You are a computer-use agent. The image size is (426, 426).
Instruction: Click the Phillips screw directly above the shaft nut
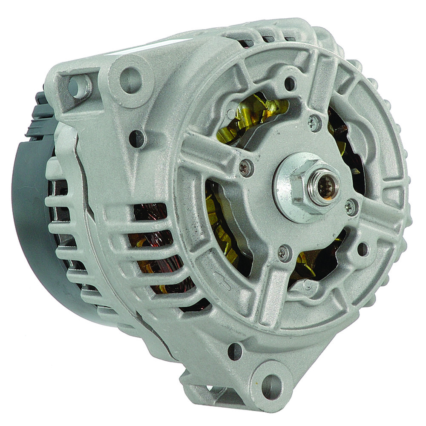(x=314, y=124)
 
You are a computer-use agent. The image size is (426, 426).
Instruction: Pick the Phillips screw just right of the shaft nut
(x=351, y=207)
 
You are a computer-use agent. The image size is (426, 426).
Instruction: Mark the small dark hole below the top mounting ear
(x=136, y=138)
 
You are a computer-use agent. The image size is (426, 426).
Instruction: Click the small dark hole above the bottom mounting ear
(x=235, y=351)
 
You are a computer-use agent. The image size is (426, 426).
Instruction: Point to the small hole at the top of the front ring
(x=290, y=83)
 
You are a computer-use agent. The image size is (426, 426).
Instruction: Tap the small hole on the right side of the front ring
(x=363, y=249)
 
